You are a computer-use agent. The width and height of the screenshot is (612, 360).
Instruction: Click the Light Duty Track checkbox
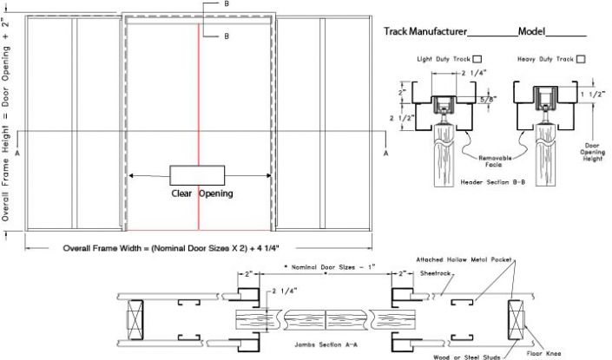(477, 59)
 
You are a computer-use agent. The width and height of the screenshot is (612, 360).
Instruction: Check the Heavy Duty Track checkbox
(580, 59)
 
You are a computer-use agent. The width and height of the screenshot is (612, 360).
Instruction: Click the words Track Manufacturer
(424, 32)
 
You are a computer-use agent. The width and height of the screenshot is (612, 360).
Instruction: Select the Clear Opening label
(201, 193)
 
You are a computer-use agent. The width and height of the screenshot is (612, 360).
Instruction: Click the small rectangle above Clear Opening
(197, 173)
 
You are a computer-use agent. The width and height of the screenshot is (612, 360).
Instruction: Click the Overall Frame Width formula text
(183, 248)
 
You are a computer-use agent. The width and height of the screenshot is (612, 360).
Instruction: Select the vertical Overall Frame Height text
(8, 121)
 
